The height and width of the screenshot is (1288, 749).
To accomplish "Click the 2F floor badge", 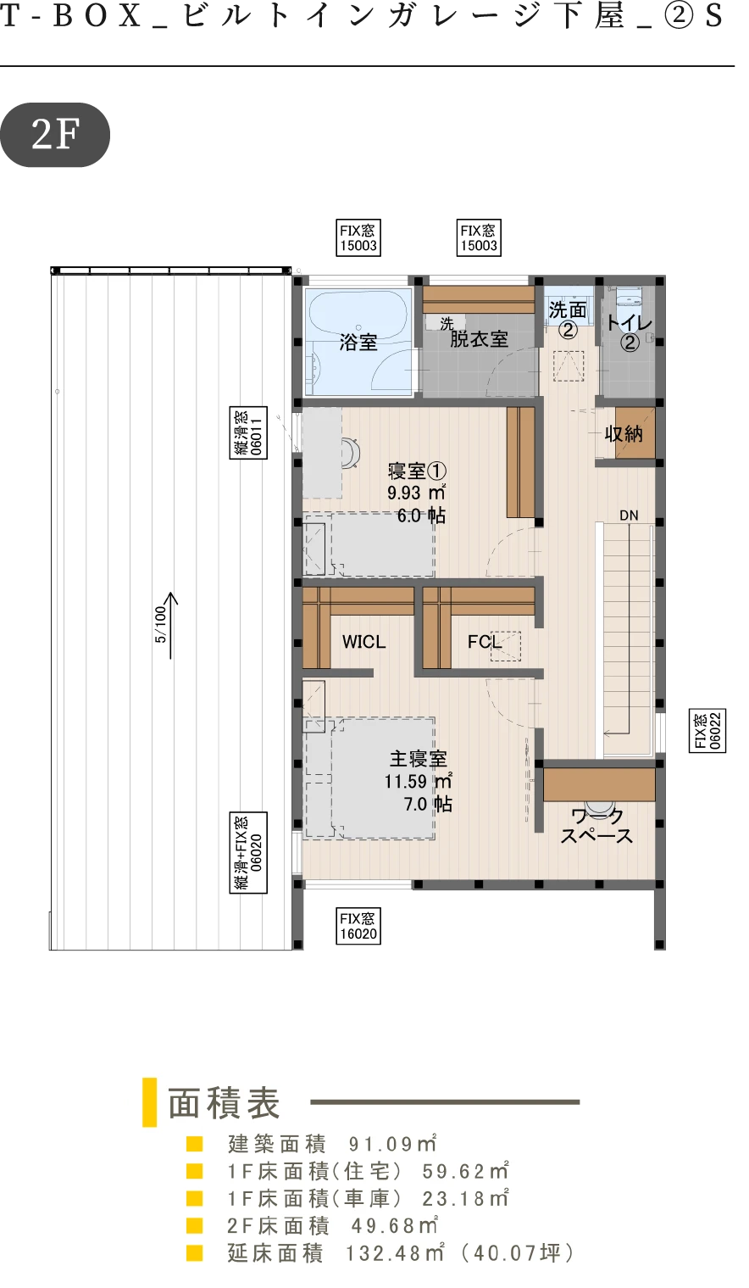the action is [54, 135].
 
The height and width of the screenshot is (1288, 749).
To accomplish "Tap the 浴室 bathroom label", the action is [358, 343].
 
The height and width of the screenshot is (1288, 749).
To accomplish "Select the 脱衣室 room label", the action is [479, 339].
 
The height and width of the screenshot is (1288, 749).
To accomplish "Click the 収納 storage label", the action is [624, 433].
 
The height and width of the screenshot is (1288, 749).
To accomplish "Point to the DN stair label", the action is [629, 516].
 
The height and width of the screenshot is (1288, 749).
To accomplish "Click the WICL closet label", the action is [363, 642].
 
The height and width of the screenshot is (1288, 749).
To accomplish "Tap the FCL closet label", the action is [484, 642].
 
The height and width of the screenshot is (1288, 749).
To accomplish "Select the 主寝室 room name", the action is [419, 759].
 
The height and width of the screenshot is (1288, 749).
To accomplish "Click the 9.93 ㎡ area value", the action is [416, 493].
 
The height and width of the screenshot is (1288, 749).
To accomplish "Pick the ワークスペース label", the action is [596, 826].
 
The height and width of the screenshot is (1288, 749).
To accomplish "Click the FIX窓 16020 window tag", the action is [358, 926].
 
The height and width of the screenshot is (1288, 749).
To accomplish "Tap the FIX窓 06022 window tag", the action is [707, 730].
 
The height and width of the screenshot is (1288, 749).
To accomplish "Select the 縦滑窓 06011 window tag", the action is [249, 432].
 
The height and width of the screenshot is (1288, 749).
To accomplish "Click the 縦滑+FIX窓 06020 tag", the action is [249, 852].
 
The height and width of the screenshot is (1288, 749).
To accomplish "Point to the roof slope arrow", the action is [171, 626].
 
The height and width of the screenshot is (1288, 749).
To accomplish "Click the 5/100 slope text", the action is [160, 624].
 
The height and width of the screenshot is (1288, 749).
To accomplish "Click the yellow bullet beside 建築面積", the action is [195, 1143].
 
